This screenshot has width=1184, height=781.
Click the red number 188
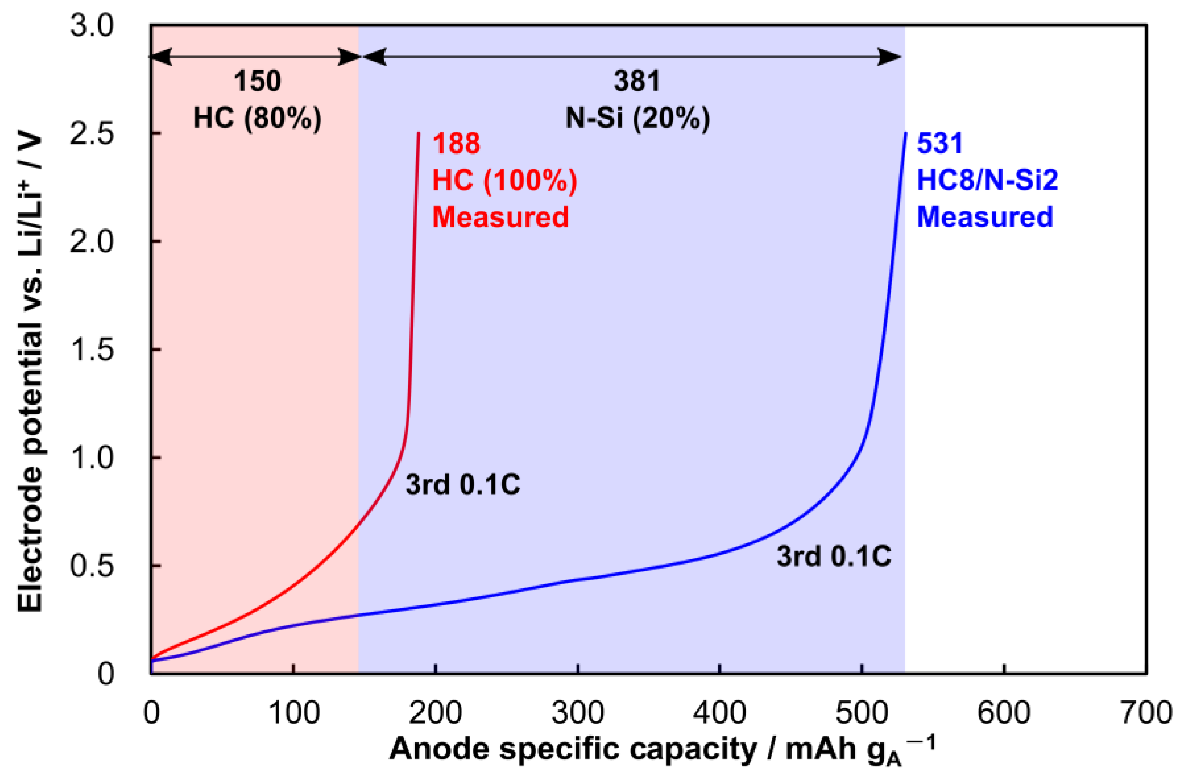tap(456, 144)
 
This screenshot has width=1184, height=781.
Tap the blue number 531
tap(939, 144)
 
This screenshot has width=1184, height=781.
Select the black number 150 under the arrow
tap(257, 81)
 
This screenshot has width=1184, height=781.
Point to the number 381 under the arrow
tap(637, 81)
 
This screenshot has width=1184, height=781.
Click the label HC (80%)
tap(257, 119)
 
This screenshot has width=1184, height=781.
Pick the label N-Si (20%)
tap(637, 119)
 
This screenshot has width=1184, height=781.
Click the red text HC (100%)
tap(504, 180)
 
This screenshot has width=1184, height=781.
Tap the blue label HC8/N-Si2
tap(987, 180)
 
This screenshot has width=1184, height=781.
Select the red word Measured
tap(500, 217)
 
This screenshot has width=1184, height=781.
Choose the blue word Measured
tap(985, 217)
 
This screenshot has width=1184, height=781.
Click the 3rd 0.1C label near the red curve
tap(463, 485)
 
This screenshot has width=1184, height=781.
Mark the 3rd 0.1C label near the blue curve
tap(834, 556)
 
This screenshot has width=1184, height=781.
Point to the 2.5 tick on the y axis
tap(92, 134)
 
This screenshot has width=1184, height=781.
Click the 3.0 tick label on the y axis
tap(92, 26)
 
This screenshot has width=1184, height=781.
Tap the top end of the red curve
tap(418, 134)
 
